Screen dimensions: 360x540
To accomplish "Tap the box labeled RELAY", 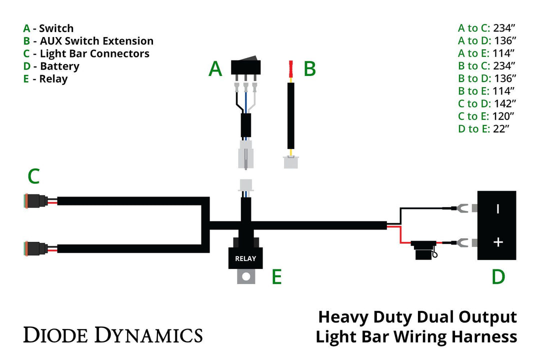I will [x=245, y=258].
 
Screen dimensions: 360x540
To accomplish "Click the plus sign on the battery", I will [x=497, y=242].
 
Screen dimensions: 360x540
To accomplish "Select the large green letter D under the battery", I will [x=498, y=276].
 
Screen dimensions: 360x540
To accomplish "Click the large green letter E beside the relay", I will [x=276, y=276].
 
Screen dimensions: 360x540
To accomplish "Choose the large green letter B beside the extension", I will [x=309, y=69].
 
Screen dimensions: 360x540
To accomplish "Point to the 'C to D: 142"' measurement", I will [x=486, y=103].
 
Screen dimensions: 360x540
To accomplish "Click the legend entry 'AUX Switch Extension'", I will [x=96, y=41].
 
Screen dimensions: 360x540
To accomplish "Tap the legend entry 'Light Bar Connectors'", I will [x=94, y=53].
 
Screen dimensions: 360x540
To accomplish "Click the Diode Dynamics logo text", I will [x=113, y=334].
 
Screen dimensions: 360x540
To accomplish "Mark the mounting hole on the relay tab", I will [x=245, y=276].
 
